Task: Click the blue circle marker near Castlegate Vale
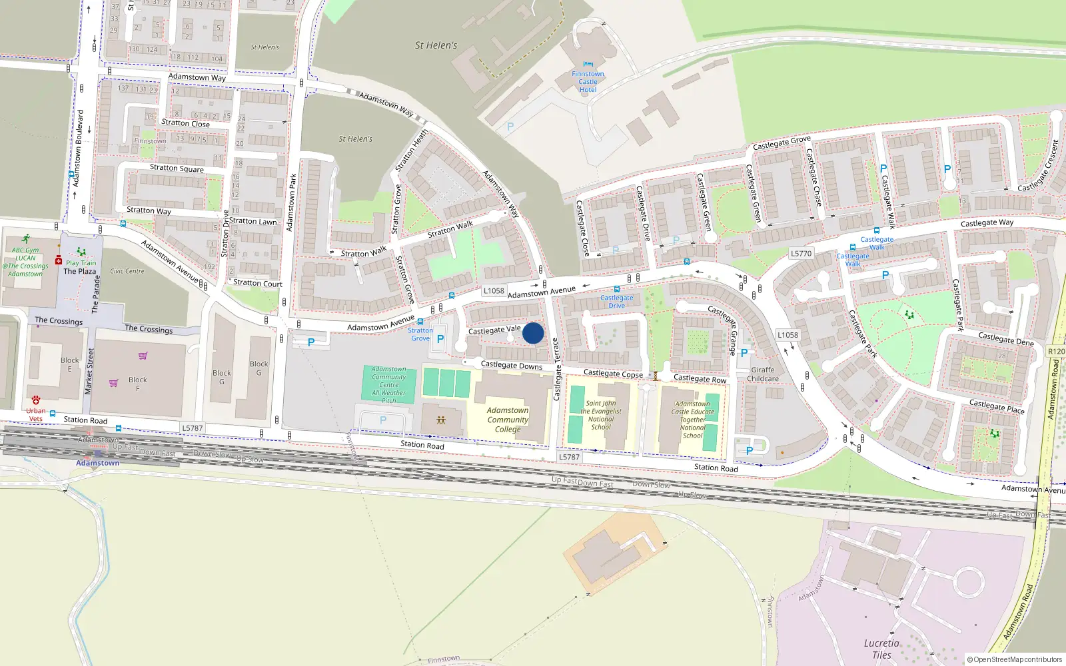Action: (x=533, y=333)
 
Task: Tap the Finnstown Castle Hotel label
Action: (x=588, y=82)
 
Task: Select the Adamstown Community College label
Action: (x=508, y=420)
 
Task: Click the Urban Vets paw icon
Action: (x=36, y=400)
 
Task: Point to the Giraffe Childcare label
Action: (x=763, y=374)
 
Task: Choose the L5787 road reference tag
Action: (x=192, y=428)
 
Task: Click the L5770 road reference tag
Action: (x=801, y=254)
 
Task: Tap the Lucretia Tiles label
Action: (x=881, y=649)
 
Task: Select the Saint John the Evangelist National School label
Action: (x=601, y=415)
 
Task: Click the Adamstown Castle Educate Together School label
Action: (x=693, y=420)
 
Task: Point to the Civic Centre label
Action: (x=127, y=271)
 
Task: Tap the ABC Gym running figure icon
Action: (x=26, y=238)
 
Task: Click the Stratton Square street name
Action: (x=177, y=168)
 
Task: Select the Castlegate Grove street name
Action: (x=782, y=143)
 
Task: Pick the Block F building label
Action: (x=138, y=384)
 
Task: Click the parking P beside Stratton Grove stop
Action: (x=440, y=339)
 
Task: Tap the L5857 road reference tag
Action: (x=569, y=457)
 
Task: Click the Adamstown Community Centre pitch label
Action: (x=389, y=385)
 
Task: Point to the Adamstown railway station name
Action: (x=98, y=463)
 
